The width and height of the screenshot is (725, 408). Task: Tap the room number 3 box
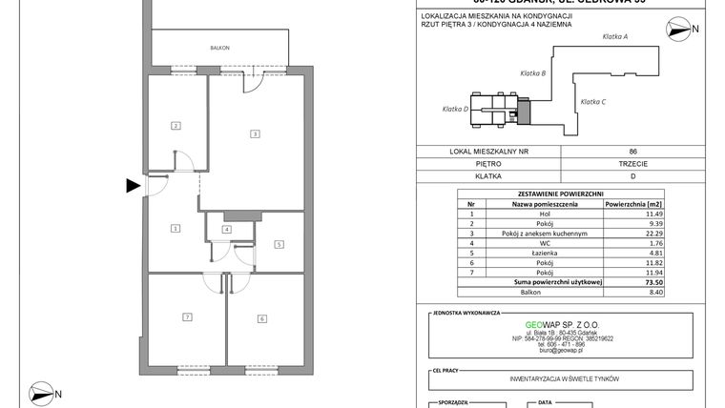click(x=255, y=133)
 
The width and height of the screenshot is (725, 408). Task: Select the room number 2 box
click(x=176, y=126)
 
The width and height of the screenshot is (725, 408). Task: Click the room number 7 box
click(x=188, y=317)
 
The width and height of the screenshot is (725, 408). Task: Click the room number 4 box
click(x=227, y=230)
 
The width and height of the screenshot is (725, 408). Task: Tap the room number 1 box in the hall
click(x=176, y=228)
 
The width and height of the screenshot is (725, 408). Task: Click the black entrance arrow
click(x=134, y=186)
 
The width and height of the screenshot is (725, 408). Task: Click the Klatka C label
click(x=592, y=101)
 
